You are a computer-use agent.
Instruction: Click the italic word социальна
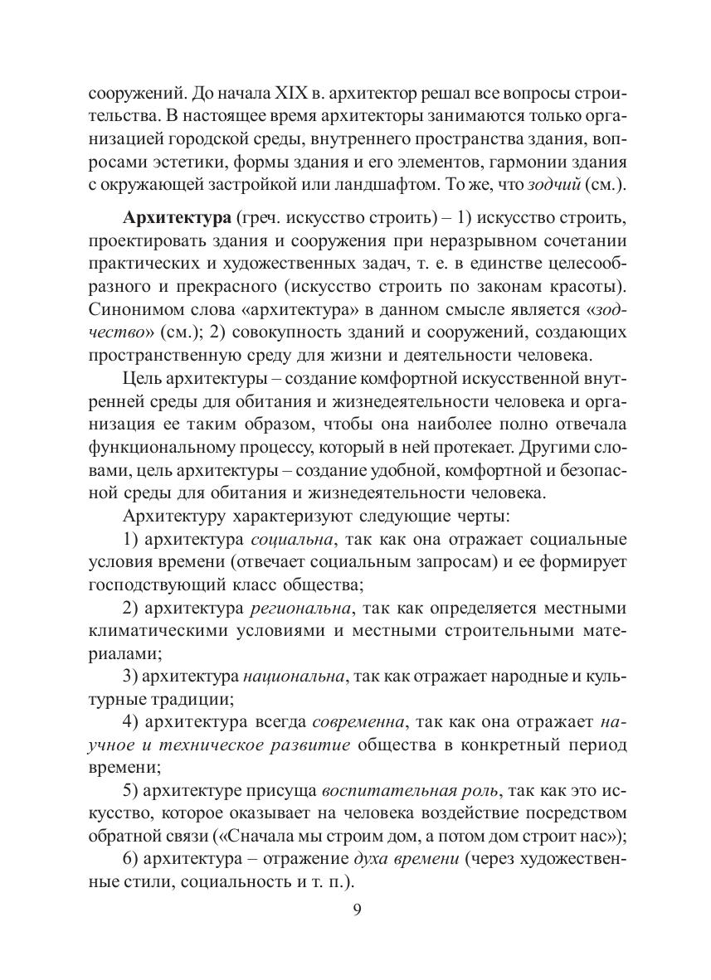292,540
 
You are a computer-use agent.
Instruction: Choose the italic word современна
359,720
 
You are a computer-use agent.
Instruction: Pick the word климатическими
167,632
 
